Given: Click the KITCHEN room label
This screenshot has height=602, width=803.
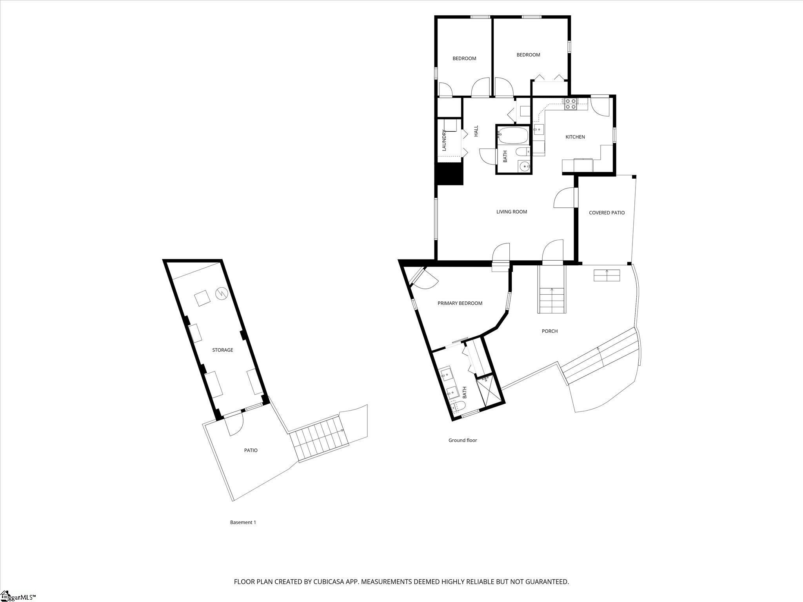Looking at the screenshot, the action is pos(575,137).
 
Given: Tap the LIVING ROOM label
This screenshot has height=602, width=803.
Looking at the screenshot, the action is pos(512,212).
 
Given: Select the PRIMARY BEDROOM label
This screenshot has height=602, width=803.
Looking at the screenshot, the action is pos(460,303).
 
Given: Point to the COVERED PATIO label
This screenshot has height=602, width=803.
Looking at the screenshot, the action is pos(607,213).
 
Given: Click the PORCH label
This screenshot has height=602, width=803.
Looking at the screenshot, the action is pos(550,331).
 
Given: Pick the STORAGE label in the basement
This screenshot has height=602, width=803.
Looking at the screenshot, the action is pos(223,350).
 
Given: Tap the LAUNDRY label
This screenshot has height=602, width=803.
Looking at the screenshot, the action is pos(444,140).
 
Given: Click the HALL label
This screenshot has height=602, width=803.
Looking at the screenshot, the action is pos(476,131).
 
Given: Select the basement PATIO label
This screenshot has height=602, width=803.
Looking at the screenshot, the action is pos(251,450).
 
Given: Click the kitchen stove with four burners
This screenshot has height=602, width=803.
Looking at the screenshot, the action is pos(570,104).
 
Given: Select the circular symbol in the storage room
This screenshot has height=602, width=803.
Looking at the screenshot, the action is pos(221,293).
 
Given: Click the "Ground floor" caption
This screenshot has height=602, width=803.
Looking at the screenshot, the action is pos(463,440).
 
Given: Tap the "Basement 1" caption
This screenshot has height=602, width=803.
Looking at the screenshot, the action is pos(243,522).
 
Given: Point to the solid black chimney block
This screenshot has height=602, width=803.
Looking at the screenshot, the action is pos(450,174).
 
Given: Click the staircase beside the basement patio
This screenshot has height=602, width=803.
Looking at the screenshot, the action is pos(320,439).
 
